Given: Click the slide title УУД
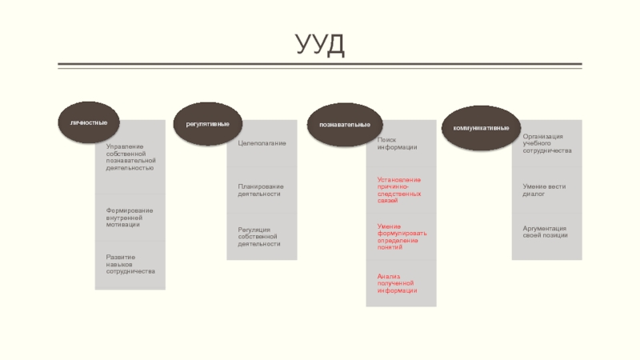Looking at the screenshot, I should pyautogui.click(x=319, y=44).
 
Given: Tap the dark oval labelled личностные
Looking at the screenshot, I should pyautogui.click(x=89, y=122).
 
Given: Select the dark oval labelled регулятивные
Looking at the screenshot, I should pyautogui.click(x=208, y=124).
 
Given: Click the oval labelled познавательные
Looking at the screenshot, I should pyautogui.click(x=344, y=126).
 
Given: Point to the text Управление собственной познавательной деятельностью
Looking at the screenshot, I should pyautogui.click(x=130, y=157).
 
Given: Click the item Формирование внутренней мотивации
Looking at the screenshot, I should pyautogui.click(x=129, y=217).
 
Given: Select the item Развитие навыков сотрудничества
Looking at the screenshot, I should pyautogui.click(x=130, y=264).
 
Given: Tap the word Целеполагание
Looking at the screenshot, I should pyautogui.click(x=262, y=142).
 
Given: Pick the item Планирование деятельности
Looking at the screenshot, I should pyautogui.click(x=260, y=190).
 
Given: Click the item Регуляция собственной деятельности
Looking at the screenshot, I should pyautogui.click(x=260, y=236).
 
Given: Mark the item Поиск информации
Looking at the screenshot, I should pyautogui.click(x=398, y=142).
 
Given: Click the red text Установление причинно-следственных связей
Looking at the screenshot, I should pyautogui.click(x=399, y=190).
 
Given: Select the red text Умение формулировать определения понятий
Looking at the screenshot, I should pyautogui.click(x=402, y=236).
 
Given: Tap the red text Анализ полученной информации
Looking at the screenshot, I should pyautogui.click(x=398, y=282).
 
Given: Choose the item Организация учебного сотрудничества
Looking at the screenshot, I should pyautogui.click(x=547, y=143).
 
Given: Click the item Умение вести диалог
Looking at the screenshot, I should pyautogui.click(x=543, y=190).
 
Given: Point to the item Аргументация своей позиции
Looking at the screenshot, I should pyautogui.click(x=545, y=231).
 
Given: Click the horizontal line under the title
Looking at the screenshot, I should pyautogui.click(x=320, y=65).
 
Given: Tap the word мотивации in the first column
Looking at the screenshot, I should pyautogui.click(x=122, y=225).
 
